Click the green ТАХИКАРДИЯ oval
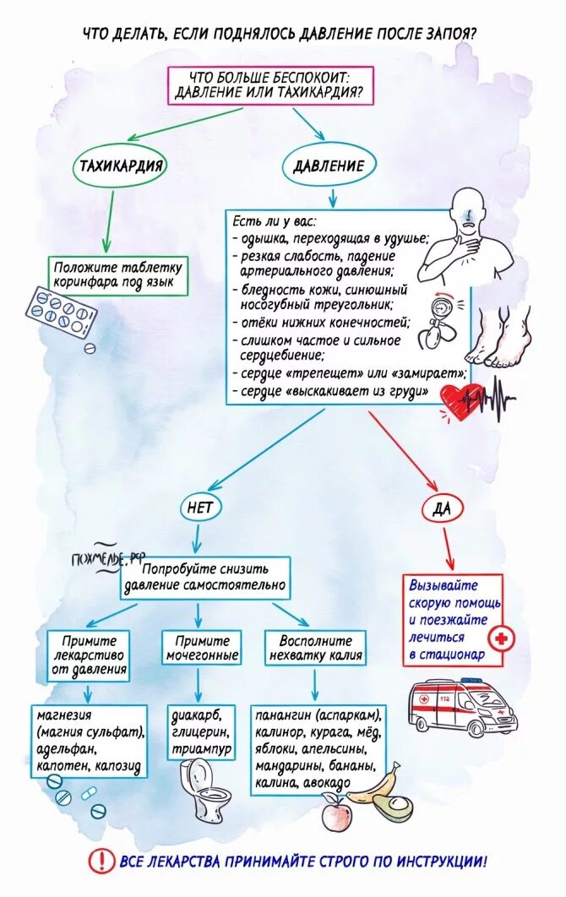121,166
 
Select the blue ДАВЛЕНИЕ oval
329,166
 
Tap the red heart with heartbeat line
461,398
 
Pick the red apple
335,817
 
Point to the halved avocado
390,809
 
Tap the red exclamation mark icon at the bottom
102,862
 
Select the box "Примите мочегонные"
200,648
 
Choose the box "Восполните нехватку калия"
315,648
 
